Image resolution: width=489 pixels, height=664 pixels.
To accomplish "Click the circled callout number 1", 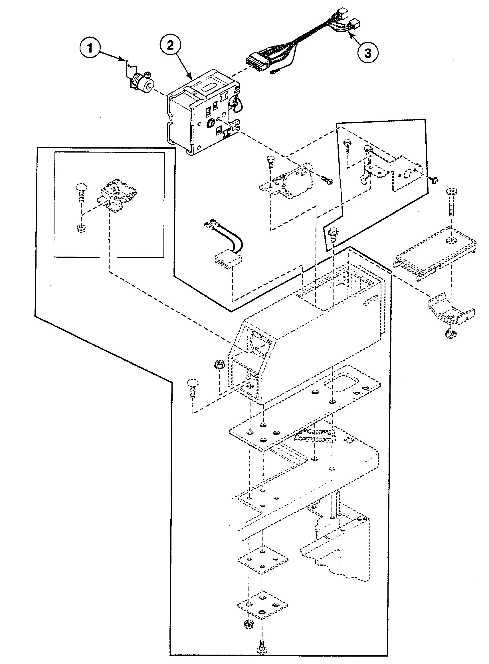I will point(90,48).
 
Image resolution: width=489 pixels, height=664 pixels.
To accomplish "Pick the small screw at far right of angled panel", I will point(434,180).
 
